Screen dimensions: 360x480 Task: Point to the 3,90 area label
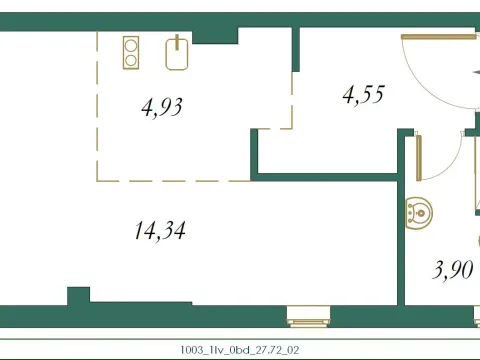pos(451,270)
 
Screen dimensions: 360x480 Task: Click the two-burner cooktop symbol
pos(132,51)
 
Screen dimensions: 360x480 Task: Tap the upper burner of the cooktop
pos(132,44)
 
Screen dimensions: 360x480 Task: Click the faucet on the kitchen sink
pos(177,41)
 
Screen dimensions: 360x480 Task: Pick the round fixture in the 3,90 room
pos(420,211)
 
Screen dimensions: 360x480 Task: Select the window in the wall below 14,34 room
pos(303,317)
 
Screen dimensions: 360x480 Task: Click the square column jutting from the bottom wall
pos(78,296)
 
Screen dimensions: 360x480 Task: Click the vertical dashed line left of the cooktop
pos(97,100)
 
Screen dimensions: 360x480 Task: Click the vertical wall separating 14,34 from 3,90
pos(403,230)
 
